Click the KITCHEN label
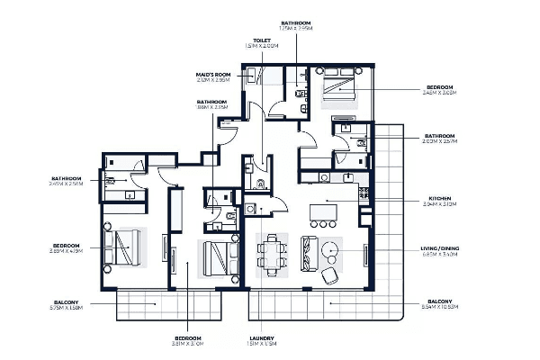pyautogui.click(x=440, y=198)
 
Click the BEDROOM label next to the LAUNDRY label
pyautogui.click(x=187, y=338)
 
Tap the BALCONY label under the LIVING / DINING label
pyautogui.click(x=440, y=301)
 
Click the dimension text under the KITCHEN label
pyautogui.click(x=440, y=205)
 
